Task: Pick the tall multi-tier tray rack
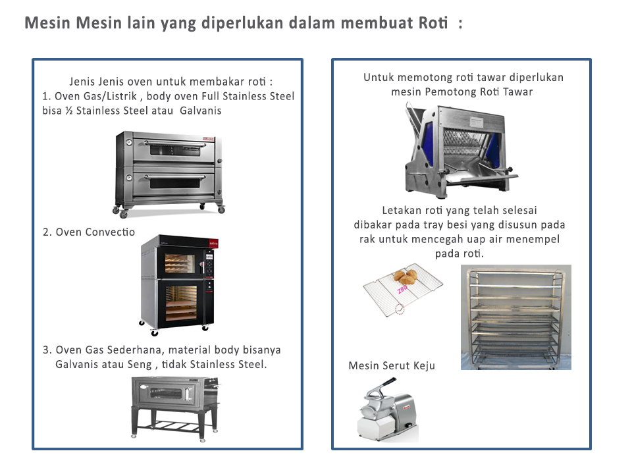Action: (x=515, y=317)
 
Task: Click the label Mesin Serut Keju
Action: (x=392, y=366)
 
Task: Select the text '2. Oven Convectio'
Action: (x=88, y=232)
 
